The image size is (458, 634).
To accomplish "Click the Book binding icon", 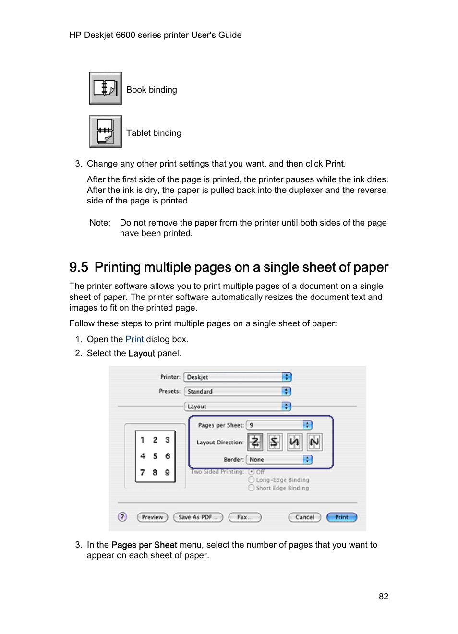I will pyautogui.click(x=105, y=88).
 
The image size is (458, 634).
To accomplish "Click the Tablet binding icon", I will pyautogui.click(x=105, y=132).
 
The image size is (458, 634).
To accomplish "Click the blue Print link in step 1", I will pyautogui.click(x=134, y=339).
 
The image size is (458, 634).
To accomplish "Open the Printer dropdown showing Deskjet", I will pyautogui.click(x=238, y=377).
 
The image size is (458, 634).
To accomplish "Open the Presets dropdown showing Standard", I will pyautogui.click(x=238, y=392).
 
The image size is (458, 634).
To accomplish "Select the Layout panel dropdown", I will pyautogui.click(x=238, y=407).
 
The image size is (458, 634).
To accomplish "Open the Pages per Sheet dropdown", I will pyautogui.click(x=279, y=425).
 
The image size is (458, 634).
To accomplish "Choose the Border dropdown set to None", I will pyautogui.click(x=279, y=460).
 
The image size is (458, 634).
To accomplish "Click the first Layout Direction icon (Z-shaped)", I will pyautogui.click(x=255, y=442).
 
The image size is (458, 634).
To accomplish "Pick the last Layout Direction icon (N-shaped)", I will pyautogui.click(x=314, y=442).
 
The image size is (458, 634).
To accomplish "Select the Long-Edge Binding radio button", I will pyautogui.click(x=251, y=479).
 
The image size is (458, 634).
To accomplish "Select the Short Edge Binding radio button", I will pyautogui.click(x=251, y=488).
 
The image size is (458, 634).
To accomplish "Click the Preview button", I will pyautogui.click(x=152, y=517).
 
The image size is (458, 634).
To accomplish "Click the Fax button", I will pyautogui.click(x=245, y=517).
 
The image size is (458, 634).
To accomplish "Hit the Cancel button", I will pyautogui.click(x=304, y=517).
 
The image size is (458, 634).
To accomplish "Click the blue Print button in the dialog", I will pyautogui.click(x=342, y=517).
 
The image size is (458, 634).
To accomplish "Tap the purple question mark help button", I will pyautogui.click(x=122, y=517).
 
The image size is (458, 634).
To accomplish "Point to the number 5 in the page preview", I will pyautogui.click(x=155, y=456).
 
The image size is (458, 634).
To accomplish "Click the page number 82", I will pyautogui.click(x=383, y=597).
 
